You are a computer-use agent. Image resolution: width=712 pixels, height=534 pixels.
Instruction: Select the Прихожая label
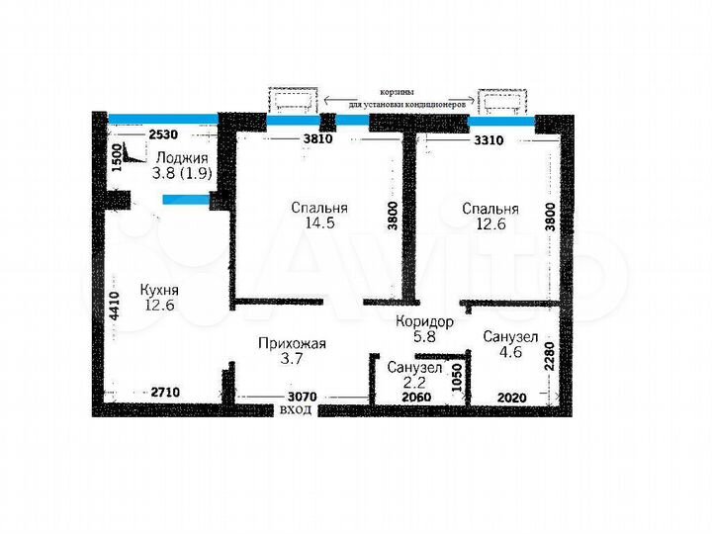(291, 344)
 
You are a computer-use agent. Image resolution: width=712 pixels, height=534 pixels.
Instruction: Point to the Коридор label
(424, 321)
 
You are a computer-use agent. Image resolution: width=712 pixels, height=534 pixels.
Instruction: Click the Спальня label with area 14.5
(318, 209)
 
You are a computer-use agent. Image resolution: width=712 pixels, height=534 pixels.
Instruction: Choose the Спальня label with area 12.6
(490, 210)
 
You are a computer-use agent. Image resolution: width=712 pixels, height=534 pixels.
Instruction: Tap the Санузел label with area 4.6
(510, 338)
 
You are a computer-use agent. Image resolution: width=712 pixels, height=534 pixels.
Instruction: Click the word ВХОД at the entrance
(296, 408)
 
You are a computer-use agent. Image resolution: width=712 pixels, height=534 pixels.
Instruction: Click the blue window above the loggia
(162, 119)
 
